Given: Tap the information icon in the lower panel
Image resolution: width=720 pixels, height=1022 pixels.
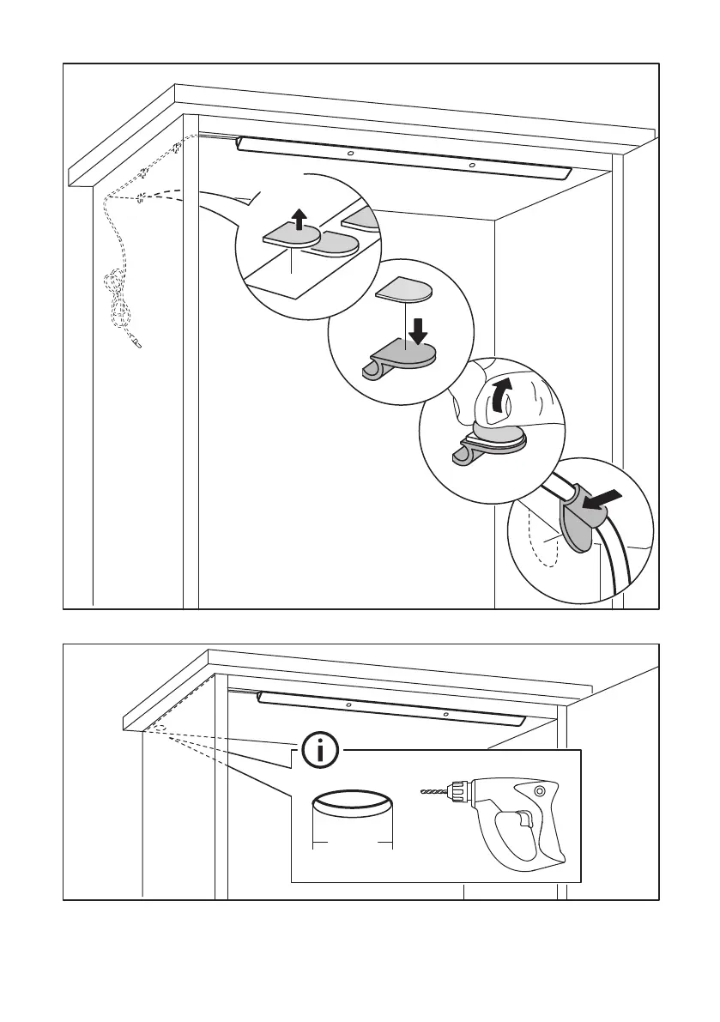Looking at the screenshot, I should tap(320, 753).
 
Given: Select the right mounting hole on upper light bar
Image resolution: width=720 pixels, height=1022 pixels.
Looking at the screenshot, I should tap(471, 163).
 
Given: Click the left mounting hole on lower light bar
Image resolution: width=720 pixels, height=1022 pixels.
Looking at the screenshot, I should tap(348, 705).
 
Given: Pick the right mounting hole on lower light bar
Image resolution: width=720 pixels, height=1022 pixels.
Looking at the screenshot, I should tap(445, 713).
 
